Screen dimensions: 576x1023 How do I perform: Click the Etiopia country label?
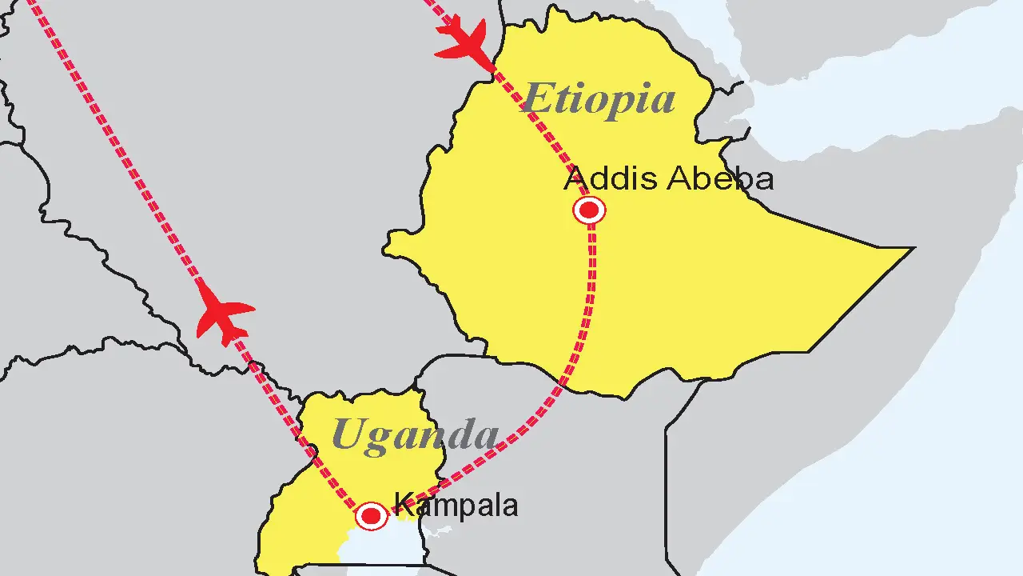point(598,99)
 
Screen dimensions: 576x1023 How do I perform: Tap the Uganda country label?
point(414,434)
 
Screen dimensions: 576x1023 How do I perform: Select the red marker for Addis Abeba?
point(590,210)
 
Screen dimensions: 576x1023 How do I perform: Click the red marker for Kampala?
point(371,516)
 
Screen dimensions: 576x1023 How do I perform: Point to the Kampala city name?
point(456,506)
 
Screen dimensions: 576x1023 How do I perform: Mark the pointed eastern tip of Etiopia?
point(911,249)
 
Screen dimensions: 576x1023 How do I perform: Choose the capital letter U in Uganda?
point(348,434)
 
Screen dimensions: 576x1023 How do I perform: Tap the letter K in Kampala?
point(401,506)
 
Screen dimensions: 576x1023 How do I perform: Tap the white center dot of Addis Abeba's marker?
point(590,210)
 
